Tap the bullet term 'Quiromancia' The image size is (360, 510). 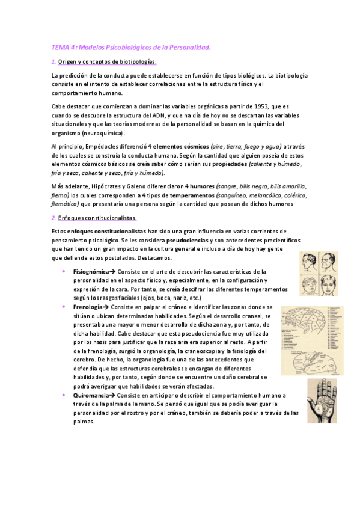coord(92,395)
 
